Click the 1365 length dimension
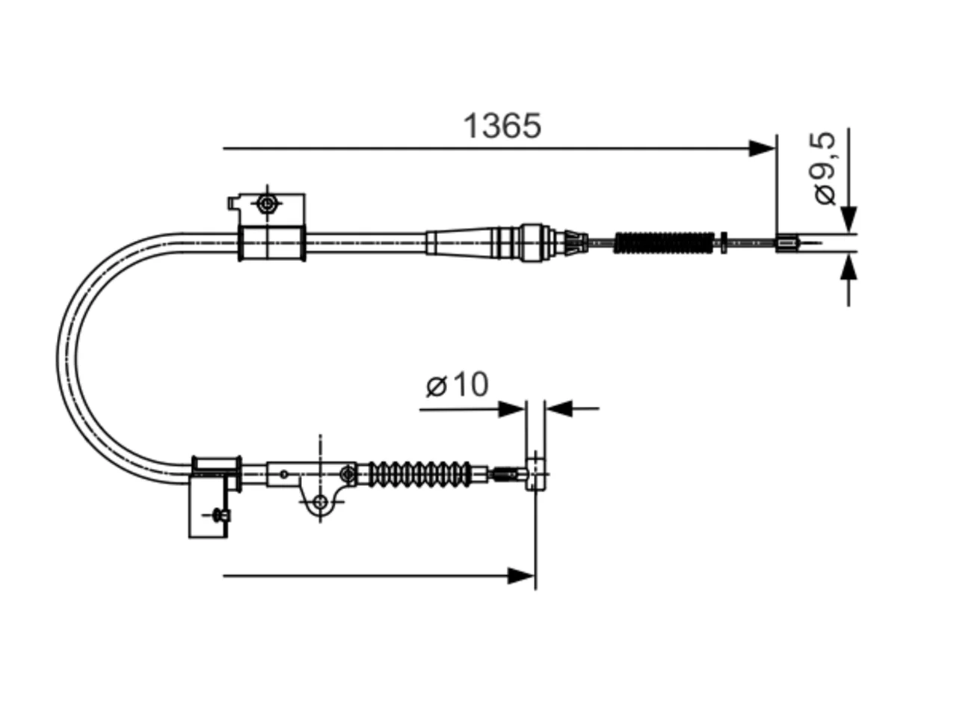coord(502,126)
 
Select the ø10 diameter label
coord(457,384)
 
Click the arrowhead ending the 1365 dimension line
coord(761,148)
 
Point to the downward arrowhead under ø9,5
coord(849,219)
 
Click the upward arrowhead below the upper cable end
coord(849,267)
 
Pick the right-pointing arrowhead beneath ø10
coord(511,409)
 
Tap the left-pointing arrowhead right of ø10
coord(559,408)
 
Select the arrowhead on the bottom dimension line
coord(520,576)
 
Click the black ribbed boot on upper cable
coord(664,243)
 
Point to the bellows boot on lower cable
coord(419,473)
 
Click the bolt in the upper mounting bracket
coord(267,203)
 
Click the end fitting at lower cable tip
coord(535,474)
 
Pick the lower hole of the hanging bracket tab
coord(321,502)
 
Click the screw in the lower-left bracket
coord(221,515)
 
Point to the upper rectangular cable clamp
coord(271,243)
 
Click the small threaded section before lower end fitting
coord(504,473)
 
